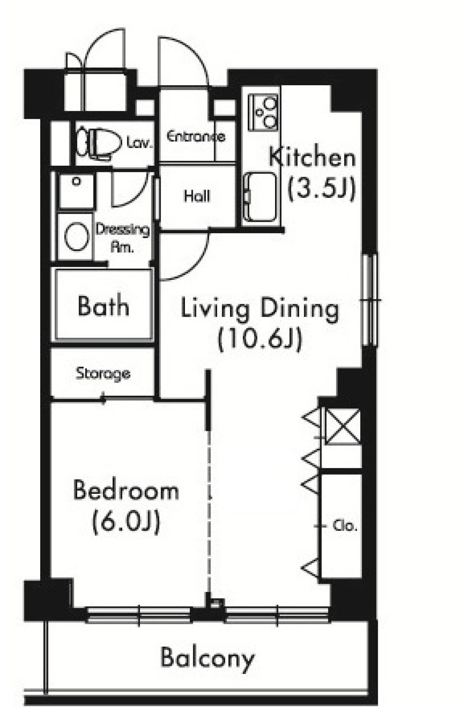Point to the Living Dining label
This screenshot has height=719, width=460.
(260, 310)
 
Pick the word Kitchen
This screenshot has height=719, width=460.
(312, 157)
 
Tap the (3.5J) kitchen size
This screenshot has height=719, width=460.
(322, 189)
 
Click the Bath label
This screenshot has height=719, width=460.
(103, 306)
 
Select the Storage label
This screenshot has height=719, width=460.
(103, 374)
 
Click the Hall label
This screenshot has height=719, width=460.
(197, 196)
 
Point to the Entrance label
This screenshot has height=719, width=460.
(196, 137)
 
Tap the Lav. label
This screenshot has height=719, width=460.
(138, 142)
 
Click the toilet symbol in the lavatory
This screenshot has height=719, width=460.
(99, 143)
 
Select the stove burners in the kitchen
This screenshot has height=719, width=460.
(263, 113)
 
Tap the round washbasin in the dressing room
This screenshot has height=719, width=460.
(77, 237)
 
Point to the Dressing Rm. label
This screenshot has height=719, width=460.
(123, 238)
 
